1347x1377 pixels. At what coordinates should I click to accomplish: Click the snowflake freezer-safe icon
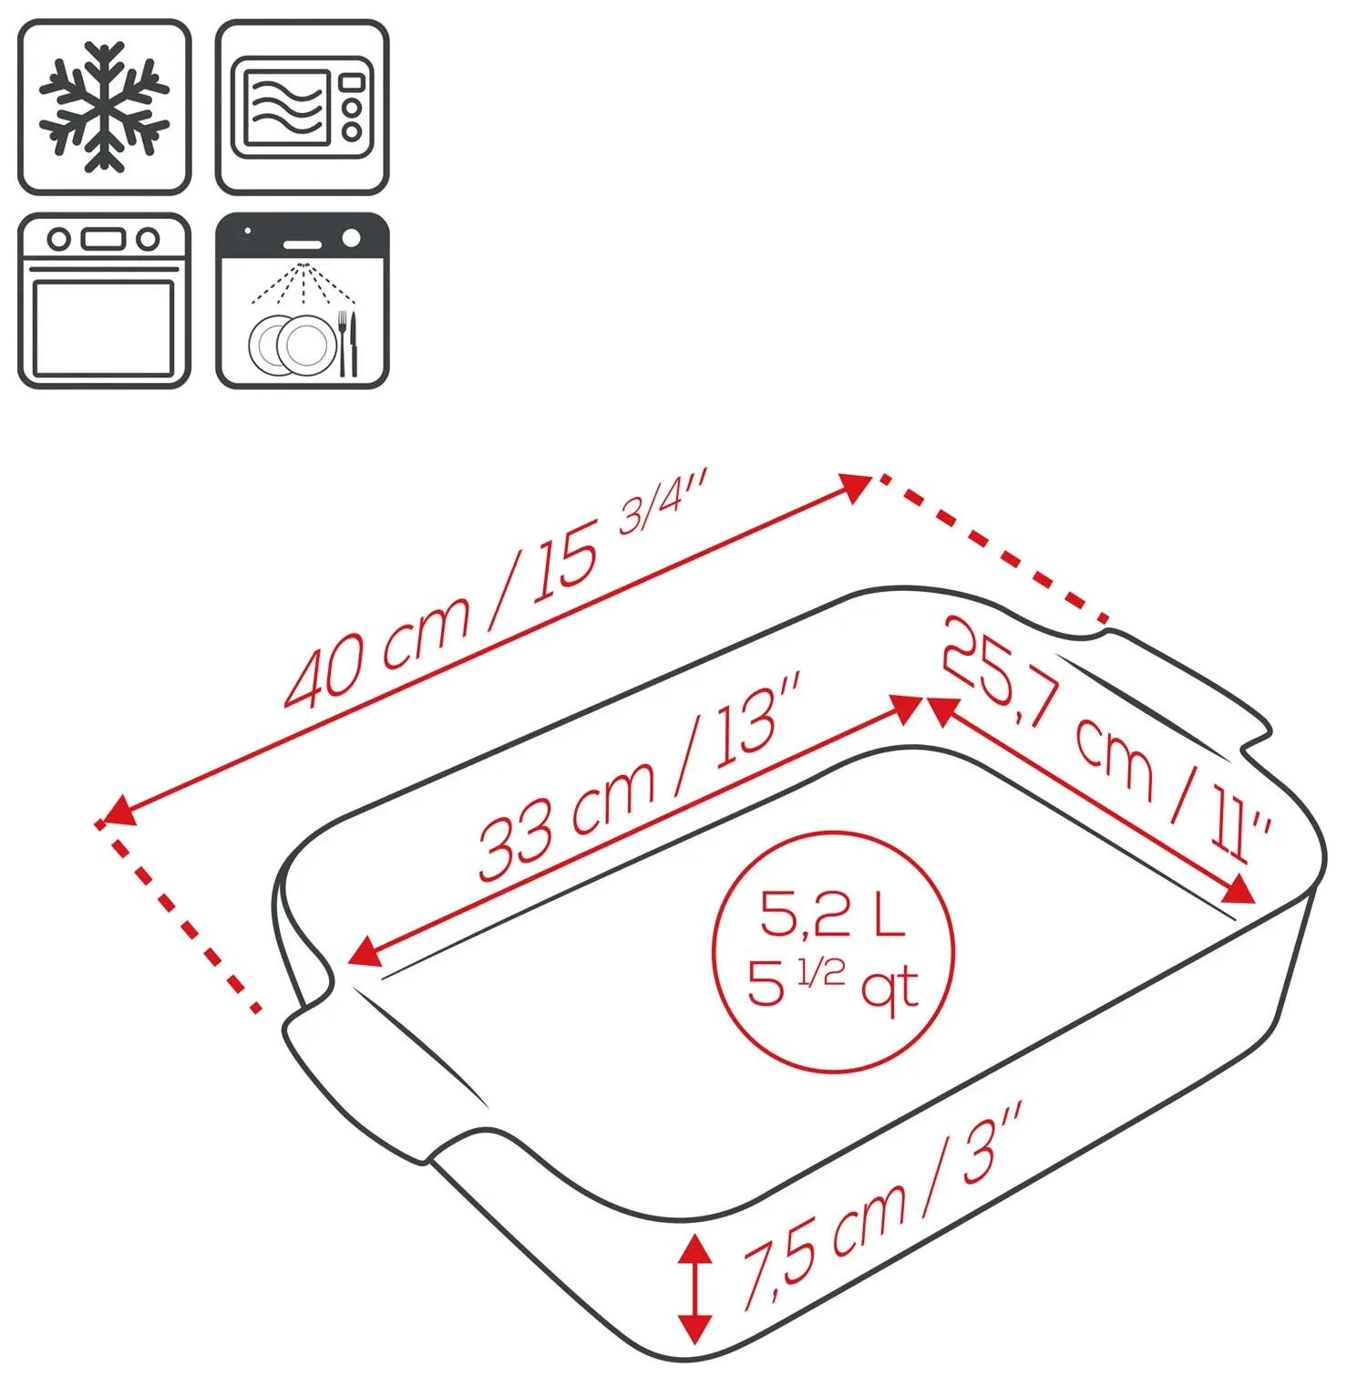(105, 107)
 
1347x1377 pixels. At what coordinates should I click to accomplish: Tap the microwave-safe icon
(303, 107)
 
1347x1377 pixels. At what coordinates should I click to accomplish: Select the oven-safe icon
(105, 301)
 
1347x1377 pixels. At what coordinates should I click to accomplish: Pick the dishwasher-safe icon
(303, 301)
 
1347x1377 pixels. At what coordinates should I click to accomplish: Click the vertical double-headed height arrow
(694, 1289)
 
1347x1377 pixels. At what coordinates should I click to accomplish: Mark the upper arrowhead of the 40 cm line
(857, 487)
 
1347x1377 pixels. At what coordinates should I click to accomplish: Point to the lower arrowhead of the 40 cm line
(118, 812)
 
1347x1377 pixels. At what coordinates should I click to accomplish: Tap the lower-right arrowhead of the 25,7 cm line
(1238, 889)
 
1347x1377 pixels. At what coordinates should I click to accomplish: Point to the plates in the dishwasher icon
(293, 346)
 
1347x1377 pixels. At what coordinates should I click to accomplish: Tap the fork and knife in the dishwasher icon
(348, 344)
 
